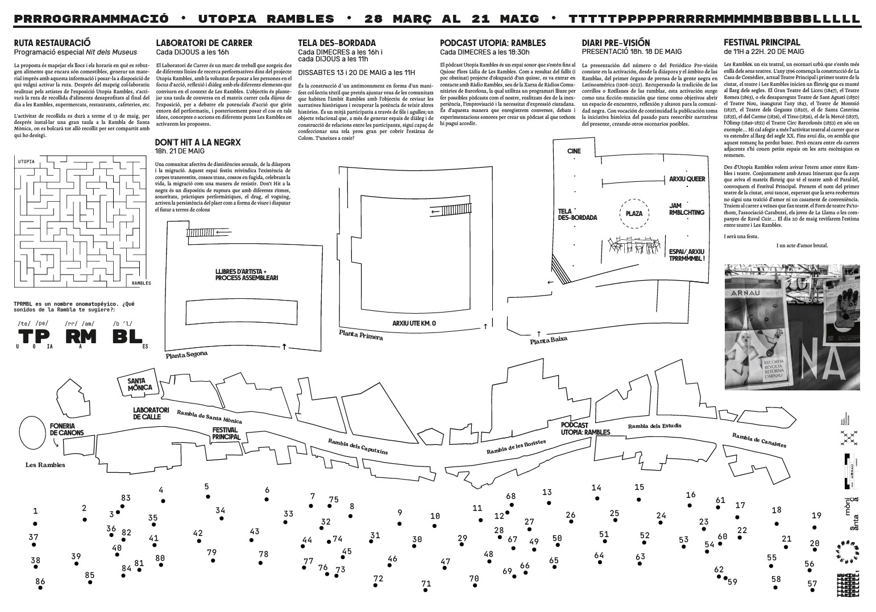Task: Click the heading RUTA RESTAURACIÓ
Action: pyautogui.click(x=52, y=43)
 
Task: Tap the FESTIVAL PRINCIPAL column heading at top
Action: pyautogui.click(x=761, y=42)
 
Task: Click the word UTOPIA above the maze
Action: pyautogui.click(x=26, y=161)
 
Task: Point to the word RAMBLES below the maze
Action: pyautogui.click(x=141, y=282)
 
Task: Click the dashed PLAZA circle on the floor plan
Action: pyautogui.click(x=634, y=214)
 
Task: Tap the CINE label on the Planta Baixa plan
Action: pyautogui.click(x=574, y=151)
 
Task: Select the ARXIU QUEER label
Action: pyautogui.click(x=687, y=179)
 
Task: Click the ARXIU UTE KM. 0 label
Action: pyautogui.click(x=414, y=323)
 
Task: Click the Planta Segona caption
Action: pyautogui.click(x=186, y=354)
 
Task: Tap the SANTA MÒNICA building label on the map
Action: pyautogui.click(x=140, y=384)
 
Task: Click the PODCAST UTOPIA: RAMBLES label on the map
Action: pyautogui.click(x=585, y=428)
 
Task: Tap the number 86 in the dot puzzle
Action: pyautogui.click(x=40, y=581)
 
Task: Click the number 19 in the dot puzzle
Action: pyautogui.click(x=816, y=515)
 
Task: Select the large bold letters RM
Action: pyautogui.click(x=81, y=336)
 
